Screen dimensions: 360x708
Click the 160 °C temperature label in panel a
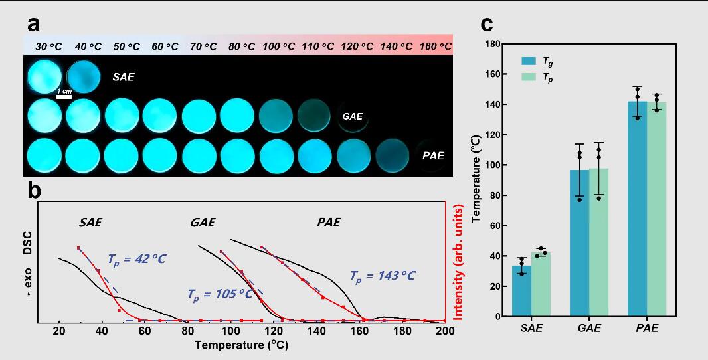pos(435,46)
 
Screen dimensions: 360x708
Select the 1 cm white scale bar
pos(64,97)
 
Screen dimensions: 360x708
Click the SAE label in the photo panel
pos(124,77)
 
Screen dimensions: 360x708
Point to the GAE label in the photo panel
pos(352,116)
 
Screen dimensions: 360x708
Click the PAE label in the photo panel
pos(433,157)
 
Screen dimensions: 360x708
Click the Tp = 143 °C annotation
pos(383,275)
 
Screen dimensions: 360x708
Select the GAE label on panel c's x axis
pos(589,329)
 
